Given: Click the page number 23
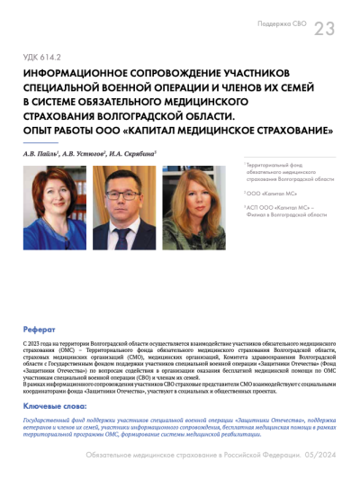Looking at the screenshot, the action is tap(324, 28).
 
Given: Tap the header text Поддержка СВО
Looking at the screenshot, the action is tap(282, 23).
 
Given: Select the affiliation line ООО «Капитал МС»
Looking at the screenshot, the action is tap(269, 192).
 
